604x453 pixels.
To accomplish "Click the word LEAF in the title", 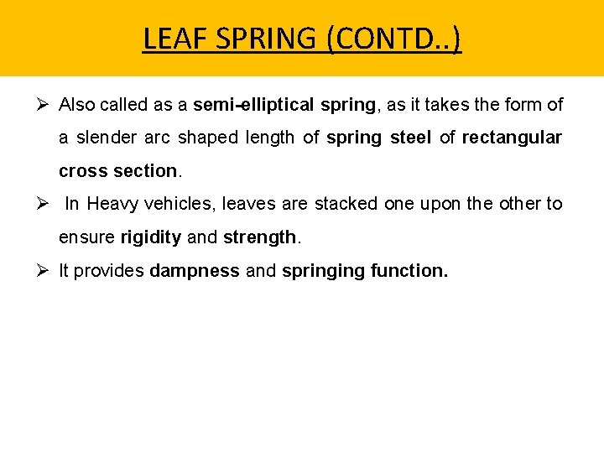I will click(170, 39).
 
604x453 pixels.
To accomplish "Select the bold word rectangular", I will click(512, 138).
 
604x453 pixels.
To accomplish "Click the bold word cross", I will click(80, 171).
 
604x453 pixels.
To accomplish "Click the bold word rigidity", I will click(150, 237).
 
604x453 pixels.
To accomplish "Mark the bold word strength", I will click(259, 237).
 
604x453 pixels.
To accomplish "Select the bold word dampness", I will click(195, 271).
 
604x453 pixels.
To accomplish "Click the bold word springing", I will click(323, 271).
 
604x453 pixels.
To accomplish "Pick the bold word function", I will click(409, 271).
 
